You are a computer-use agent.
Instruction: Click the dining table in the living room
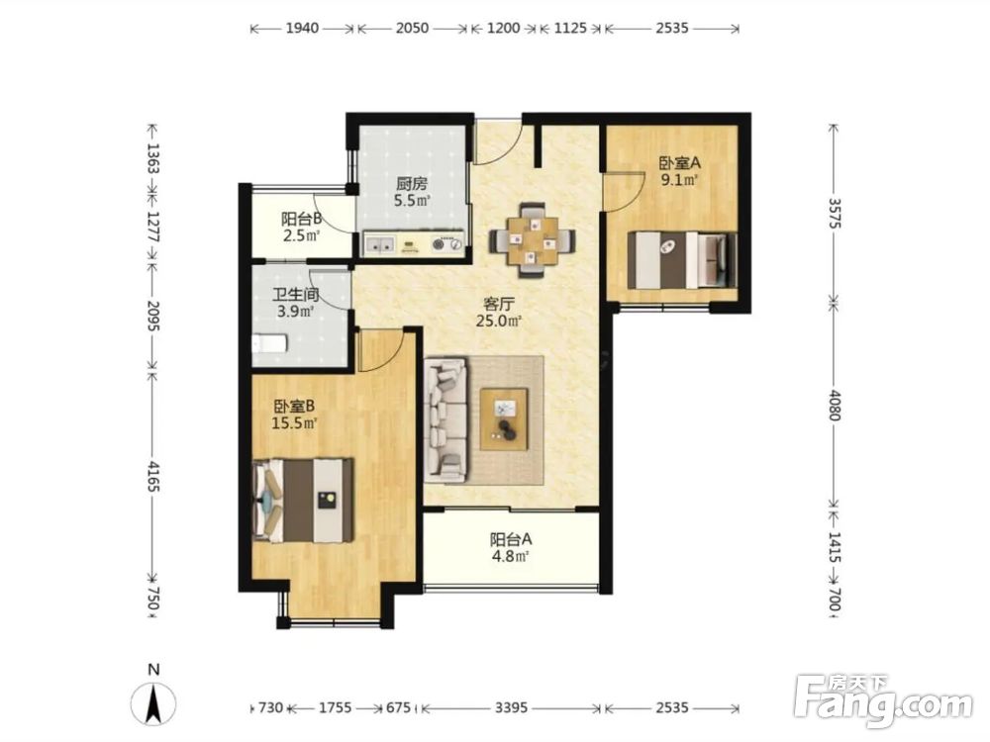(x=533, y=240)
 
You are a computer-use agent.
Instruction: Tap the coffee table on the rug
(x=504, y=418)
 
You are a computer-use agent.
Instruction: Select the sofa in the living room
(x=446, y=420)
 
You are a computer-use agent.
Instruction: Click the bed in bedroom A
(x=682, y=260)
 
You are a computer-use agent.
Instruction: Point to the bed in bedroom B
(x=302, y=501)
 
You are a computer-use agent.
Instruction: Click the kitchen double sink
(x=380, y=244)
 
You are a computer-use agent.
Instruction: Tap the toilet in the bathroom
(x=269, y=343)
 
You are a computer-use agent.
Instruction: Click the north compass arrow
(x=152, y=702)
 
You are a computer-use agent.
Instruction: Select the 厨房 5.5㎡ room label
(x=412, y=193)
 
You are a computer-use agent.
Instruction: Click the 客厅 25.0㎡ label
(x=499, y=313)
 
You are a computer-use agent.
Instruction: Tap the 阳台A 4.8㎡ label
(x=510, y=548)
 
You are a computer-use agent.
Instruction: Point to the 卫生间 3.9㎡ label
(x=295, y=303)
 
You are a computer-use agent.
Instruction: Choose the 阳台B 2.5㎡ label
(x=301, y=228)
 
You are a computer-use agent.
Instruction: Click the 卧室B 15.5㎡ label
(x=294, y=414)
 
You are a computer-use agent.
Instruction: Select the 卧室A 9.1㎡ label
(x=679, y=171)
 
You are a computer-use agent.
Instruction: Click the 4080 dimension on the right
(x=835, y=405)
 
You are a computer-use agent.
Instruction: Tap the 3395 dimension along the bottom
(x=511, y=707)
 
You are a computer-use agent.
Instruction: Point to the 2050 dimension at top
(x=412, y=28)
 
